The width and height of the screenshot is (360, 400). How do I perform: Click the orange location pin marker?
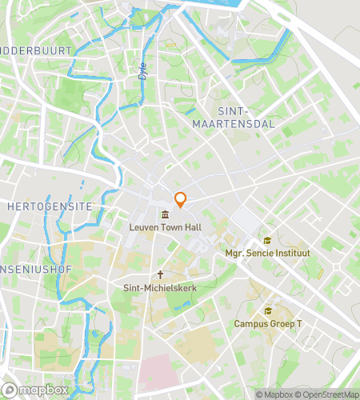tap(181, 200)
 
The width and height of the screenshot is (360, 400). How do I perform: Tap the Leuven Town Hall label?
tap(165, 227)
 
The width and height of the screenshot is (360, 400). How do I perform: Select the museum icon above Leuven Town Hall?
tap(165, 214)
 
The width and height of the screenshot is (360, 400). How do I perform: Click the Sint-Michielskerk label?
tap(160, 286)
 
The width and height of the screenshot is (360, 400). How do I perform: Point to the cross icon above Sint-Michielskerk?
tap(160, 274)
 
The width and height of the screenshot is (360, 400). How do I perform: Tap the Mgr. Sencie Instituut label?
tap(267, 253)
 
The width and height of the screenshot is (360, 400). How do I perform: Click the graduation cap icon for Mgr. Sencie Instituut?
tap(267, 241)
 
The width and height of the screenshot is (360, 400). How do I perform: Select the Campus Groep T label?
tap(267, 324)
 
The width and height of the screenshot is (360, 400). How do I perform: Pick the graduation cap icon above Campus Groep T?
tap(267, 311)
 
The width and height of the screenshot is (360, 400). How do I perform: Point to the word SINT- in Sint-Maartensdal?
tap(234, 112)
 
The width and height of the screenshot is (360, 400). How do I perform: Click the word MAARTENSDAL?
tap(234, 124)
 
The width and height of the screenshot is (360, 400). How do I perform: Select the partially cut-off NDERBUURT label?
tap(36, 50)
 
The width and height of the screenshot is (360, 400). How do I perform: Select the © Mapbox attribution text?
tap(274, 394)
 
